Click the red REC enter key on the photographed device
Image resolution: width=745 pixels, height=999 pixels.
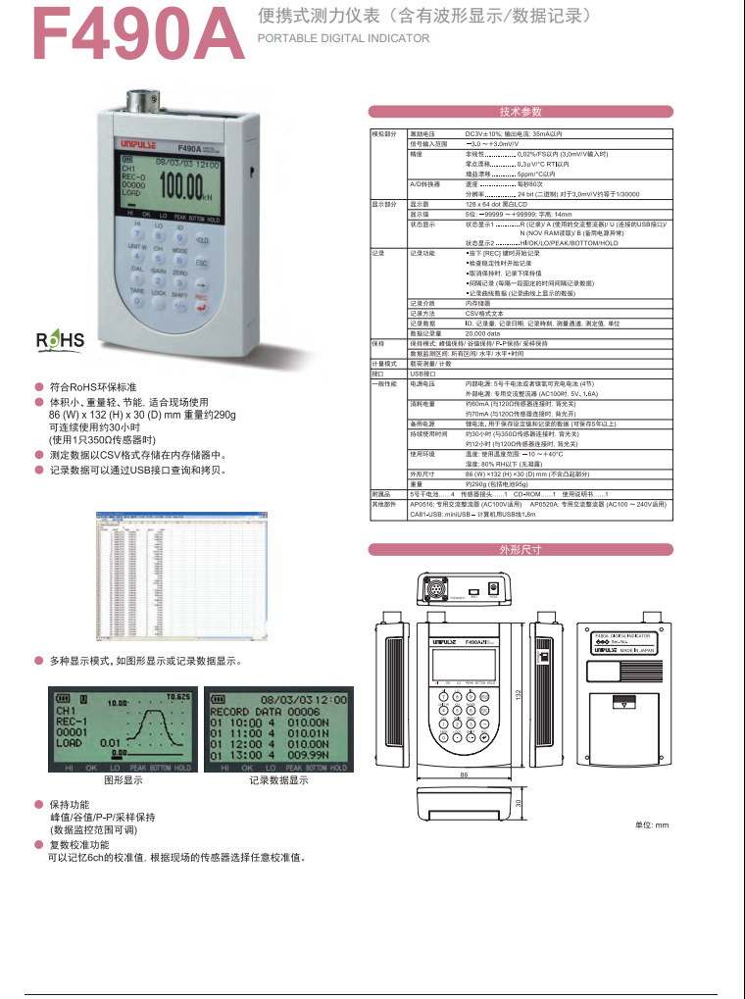click(x=202, y=302)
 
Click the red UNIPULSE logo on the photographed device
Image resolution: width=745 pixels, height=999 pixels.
click(x=133, y=141)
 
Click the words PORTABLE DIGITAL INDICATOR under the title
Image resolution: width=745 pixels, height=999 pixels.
click(x=343, y=38)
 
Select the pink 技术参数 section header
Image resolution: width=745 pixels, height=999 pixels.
click(x=520, y=112)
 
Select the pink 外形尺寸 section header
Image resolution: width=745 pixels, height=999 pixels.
click(x=520, y=550)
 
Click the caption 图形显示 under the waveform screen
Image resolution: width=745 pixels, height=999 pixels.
click(x=124, y=780)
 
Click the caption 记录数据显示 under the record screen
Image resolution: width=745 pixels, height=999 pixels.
click(x=278, y=780)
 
